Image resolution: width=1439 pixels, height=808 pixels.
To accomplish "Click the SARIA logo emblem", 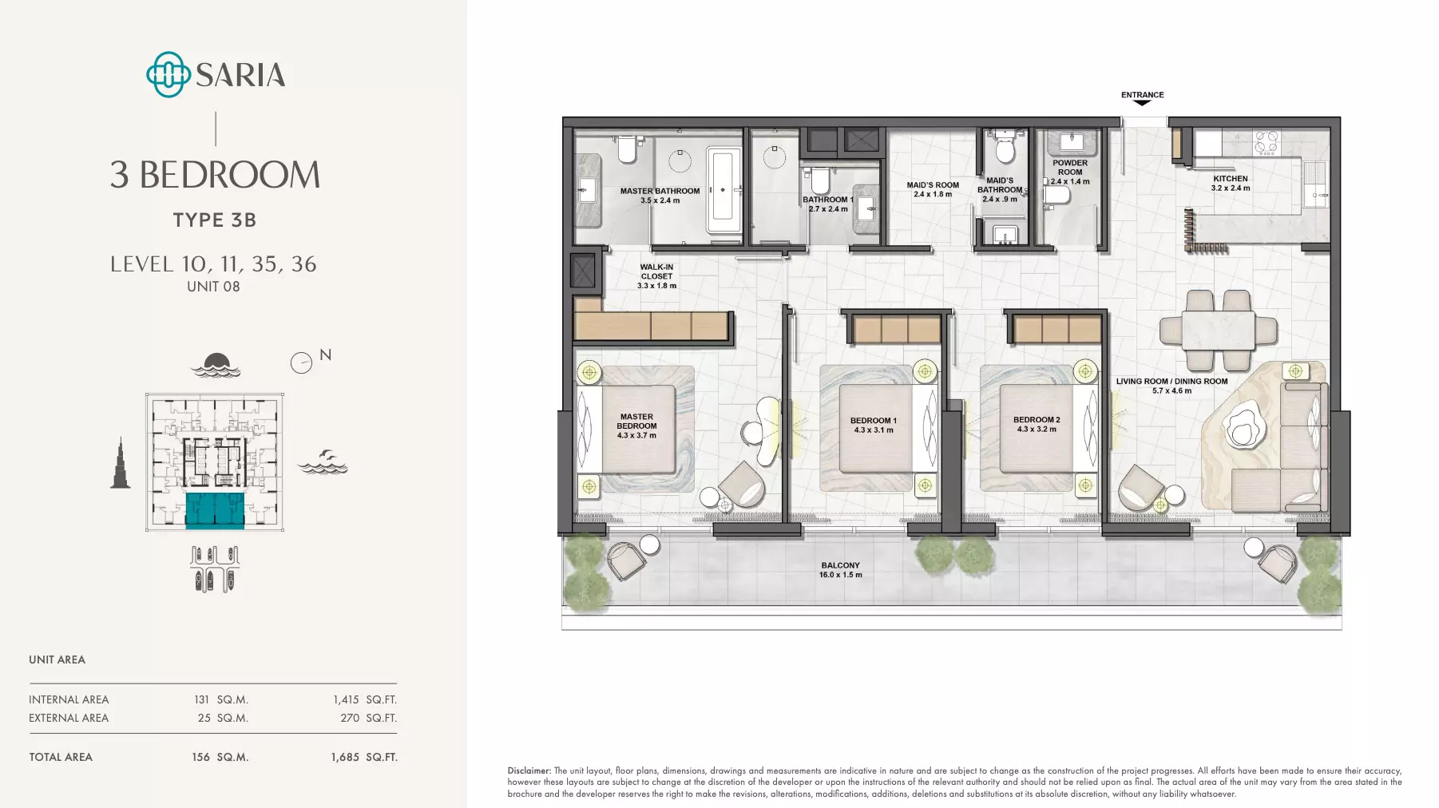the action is (168, 74).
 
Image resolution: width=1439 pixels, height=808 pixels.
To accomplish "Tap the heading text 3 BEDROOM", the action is (215, 175).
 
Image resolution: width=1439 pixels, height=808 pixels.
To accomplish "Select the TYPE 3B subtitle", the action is (215, 220).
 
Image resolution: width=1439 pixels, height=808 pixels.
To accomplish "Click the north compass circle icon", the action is (301, 363).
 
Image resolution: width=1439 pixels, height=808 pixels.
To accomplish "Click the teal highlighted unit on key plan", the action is (215, 511).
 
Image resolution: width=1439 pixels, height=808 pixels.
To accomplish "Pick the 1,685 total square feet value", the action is (345, 757).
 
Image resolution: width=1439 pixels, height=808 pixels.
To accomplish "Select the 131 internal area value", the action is (201, 699).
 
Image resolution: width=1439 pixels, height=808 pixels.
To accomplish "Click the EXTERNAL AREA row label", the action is (69, 718).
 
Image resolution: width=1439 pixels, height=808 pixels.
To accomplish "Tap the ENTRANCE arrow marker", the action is (1143, 103).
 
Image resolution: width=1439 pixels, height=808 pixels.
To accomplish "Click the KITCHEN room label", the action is (1231, 179).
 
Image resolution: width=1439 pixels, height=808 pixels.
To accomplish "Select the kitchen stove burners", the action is (1266, 143).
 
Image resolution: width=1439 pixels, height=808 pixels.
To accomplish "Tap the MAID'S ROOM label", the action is (933, 184).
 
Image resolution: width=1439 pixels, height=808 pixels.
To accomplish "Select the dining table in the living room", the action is (1219, 330).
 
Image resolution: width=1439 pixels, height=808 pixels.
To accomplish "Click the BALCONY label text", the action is (841, 565).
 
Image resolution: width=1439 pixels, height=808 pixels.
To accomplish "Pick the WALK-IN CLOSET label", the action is (656, 271).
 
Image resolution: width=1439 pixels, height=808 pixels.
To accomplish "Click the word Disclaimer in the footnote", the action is (529, 771).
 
